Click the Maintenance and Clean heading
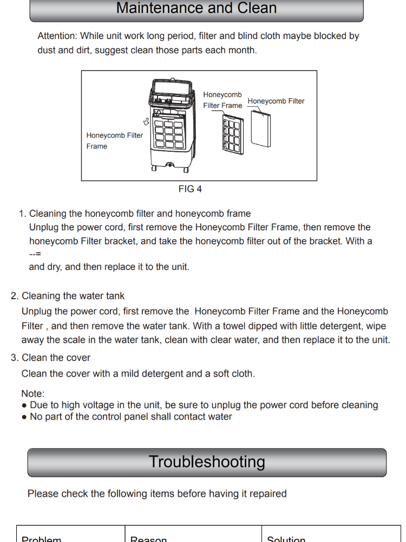point(197,8)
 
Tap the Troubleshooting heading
point(207,462)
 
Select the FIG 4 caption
point(190,189)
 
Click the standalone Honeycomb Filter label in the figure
point(276,101)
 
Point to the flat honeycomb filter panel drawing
point(261,128)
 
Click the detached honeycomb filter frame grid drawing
point(232,133)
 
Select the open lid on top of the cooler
point(171,87)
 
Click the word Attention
point(57,36)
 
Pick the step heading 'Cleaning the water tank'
point(73,296)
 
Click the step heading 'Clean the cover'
point(56,358)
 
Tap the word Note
point(32,394)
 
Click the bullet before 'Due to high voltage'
point(24,405)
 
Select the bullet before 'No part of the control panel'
point(24,417)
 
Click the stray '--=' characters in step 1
point(35,254)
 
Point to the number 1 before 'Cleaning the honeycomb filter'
point(22,214)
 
